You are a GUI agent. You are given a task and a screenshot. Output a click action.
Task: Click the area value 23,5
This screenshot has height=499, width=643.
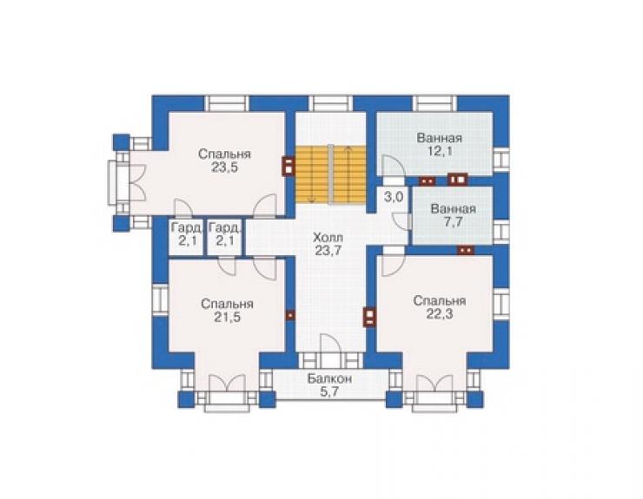(225, 167)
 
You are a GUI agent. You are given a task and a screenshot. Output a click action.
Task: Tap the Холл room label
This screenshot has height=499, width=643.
(328, 238)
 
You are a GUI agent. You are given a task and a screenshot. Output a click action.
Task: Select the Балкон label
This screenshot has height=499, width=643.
(329, 379)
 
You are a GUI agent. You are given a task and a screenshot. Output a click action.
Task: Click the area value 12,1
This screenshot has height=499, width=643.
(440, 151)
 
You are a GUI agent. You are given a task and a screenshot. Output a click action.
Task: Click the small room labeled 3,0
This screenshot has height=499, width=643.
(394, 198)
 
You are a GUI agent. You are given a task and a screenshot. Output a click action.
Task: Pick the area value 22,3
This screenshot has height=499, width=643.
(440, 314)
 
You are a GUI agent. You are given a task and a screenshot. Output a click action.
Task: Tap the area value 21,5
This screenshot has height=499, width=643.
(227, 317)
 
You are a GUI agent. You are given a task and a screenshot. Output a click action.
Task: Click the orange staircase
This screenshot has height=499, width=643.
(330, 174)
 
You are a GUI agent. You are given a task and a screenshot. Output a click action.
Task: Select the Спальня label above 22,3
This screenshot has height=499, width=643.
(440, 301)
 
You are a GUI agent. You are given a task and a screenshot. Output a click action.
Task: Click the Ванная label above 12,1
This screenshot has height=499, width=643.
(440, 138)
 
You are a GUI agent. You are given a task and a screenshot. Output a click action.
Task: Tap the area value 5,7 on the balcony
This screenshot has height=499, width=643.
(329, 392)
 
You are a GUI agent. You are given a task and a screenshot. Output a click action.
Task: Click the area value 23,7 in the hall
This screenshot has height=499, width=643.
(328, 251)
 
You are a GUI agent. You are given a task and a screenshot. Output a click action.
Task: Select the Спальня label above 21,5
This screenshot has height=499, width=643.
(227, 304)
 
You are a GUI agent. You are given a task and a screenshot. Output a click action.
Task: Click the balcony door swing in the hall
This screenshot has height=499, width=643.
(330, 344)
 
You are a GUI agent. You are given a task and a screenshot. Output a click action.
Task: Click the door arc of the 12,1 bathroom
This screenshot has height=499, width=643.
(393, 165)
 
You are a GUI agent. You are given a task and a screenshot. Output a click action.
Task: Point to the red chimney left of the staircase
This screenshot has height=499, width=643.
(288, 167)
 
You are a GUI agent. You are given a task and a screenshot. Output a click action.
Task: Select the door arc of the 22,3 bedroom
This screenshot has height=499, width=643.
(393, 266)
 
